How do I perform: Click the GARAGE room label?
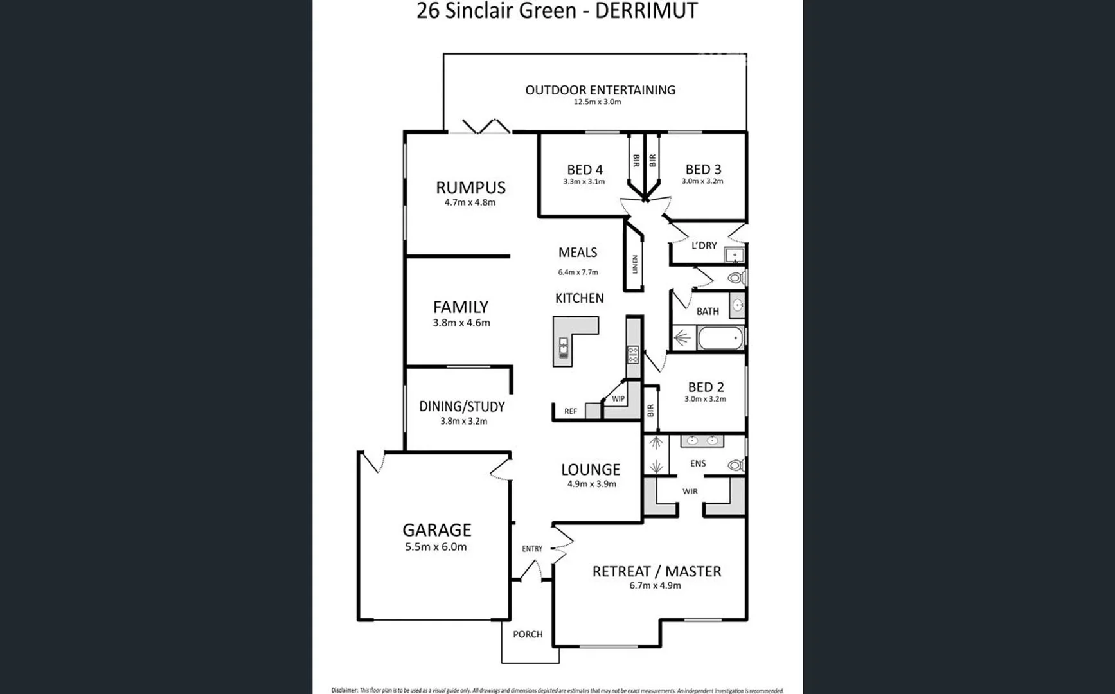(x=436, y=529)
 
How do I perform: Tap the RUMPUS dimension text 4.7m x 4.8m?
(x=470, y=202)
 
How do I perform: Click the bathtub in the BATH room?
(x=720, y=338)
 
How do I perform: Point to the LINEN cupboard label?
(x=635, y=264)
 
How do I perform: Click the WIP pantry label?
(x=618, y=399)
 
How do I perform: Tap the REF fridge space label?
(x=571, y=411)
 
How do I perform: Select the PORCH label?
(x=528, y=634)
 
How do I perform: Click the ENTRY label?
(x=532, y=549)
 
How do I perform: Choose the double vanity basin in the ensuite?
(x=702, y=441)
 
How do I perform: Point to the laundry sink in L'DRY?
(x=734, y=256)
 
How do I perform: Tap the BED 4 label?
(x=585, y=170)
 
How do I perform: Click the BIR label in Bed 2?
(x=650, y=409)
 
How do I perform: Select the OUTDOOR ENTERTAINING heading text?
(x=600, y=90)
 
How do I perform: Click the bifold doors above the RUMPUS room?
(x=486, y=127)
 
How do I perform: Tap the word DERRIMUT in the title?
(x=646, y=11)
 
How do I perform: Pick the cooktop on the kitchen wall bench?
(x=633, y=355)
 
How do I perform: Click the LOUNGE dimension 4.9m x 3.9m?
(x=591, y=484)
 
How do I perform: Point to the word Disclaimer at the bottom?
(x=344, y=690)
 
